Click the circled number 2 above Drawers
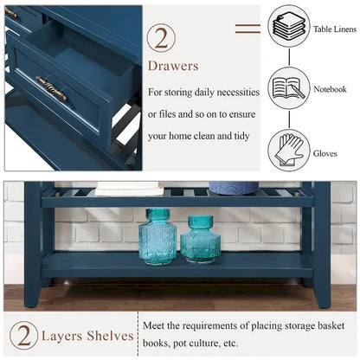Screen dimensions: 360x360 [161, 38]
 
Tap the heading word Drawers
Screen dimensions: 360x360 [173, 66]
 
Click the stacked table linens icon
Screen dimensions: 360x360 [288, 26]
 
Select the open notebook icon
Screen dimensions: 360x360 [288, 88]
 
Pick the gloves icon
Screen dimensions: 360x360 [288, 149]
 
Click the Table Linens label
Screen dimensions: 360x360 [332, 29]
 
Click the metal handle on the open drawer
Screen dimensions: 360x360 [51, 87]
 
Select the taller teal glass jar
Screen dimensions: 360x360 [157, 235]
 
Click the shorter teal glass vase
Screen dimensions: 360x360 [200, 239]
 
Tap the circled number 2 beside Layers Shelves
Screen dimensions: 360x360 [24, 336]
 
